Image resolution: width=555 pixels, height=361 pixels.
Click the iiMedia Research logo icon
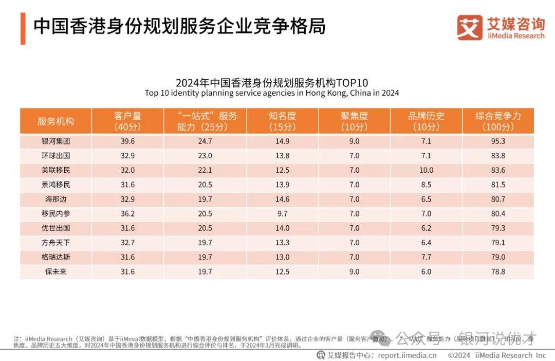470,27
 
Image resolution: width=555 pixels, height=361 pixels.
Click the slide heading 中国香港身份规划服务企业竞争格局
179,26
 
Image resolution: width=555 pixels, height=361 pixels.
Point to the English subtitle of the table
272,93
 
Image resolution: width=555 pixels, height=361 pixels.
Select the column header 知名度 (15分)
282,121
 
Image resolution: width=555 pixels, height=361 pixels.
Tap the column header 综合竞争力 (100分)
498,121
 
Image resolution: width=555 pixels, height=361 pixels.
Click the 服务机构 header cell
55,121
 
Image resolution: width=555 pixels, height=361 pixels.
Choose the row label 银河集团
55,141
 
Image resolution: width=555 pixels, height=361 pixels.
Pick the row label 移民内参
55,213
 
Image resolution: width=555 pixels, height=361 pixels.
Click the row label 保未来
55,272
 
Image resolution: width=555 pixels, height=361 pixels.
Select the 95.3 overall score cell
498,141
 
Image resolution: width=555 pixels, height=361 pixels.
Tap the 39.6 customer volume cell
127,141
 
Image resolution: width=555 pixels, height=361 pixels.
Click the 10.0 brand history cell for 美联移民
426,170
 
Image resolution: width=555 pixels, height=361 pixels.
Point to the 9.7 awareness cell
282,213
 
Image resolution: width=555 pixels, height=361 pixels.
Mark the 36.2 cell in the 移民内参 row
127,213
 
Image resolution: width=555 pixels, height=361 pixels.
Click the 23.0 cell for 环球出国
205,156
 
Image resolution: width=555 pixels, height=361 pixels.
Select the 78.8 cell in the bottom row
498,272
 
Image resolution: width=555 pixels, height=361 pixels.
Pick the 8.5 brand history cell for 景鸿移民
426,185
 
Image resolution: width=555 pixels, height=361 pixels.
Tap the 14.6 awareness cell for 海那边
282,199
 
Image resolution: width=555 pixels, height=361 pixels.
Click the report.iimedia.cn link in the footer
407,355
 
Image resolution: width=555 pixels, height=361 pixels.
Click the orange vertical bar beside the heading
23,29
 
